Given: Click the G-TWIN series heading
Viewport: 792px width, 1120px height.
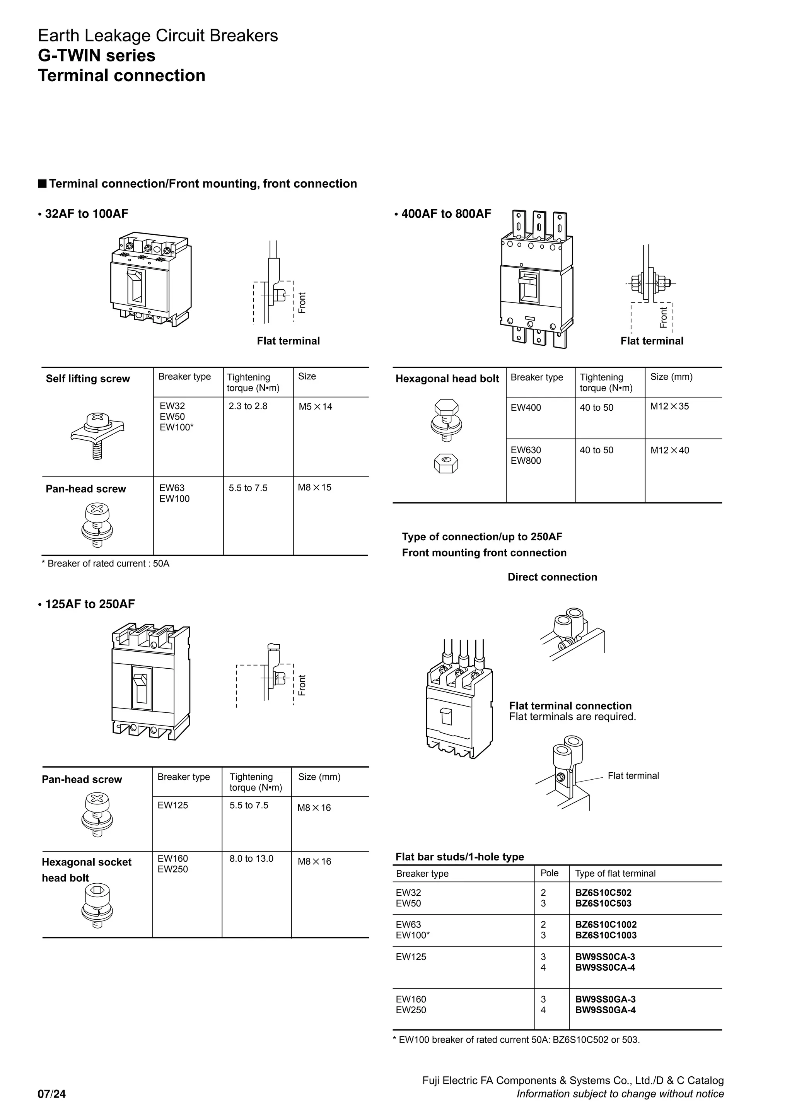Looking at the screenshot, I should [x=97, y=56].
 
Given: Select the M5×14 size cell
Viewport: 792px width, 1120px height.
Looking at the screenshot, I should [x=315, y=407].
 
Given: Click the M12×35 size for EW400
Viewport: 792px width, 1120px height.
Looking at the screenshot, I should [x=669, y=406].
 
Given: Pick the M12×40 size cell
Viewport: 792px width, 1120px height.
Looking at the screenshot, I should [x=669, y=450].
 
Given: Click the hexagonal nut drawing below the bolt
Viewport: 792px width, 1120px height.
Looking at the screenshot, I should [x=446, y=463].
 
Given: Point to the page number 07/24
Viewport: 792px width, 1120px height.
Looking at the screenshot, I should [x=52, y=1094].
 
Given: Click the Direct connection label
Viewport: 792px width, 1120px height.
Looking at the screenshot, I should [x=552, y=577].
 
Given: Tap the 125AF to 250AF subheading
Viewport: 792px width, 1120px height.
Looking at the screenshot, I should [x=90, y=604].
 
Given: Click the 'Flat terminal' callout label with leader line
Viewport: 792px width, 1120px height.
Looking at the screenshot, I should [x=633, y=776].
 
